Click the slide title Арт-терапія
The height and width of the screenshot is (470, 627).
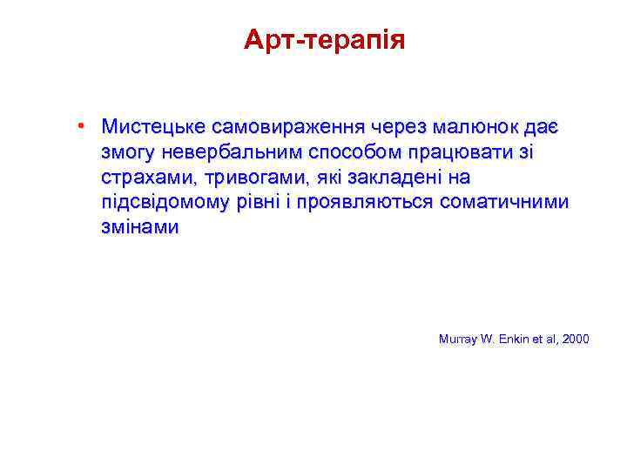[324, 40]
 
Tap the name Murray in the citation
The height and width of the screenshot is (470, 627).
[456, 338]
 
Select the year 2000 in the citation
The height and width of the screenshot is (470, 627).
[575, 338]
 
